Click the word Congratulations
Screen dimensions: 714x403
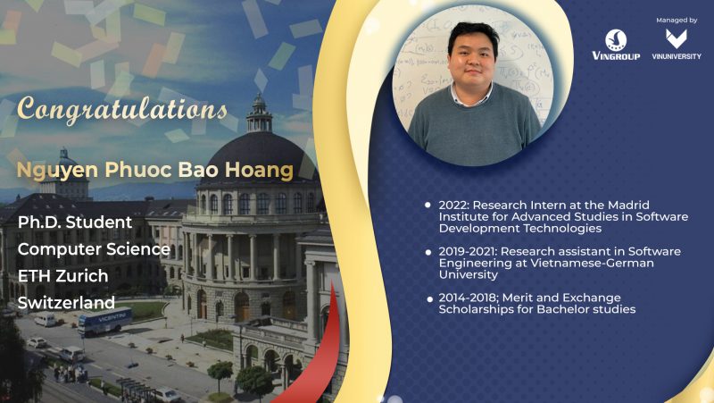click(x=122, y=110)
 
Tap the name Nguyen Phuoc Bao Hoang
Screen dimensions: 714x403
click(x=154, y=170)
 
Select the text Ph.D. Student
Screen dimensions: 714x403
click(x=75, y=222)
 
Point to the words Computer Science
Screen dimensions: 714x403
click(x=94, y=249)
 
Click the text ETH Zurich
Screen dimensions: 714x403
click(x=62, y=276)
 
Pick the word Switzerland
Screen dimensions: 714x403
click(x=66, y=303)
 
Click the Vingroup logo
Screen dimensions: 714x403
click(x=616, y=45)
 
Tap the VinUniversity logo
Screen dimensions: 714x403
click(x=677, y=45)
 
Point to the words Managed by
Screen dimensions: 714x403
click(x=677, y=20)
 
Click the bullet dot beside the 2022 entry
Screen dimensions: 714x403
click(x=428, y=206)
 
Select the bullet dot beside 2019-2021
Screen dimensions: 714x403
click(x=428, y=252)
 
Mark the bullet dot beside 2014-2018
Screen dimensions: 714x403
click(x=430, y=299)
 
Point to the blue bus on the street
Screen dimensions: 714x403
click(x=104, y=321)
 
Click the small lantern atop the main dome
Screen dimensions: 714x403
click(x=259, y=113)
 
